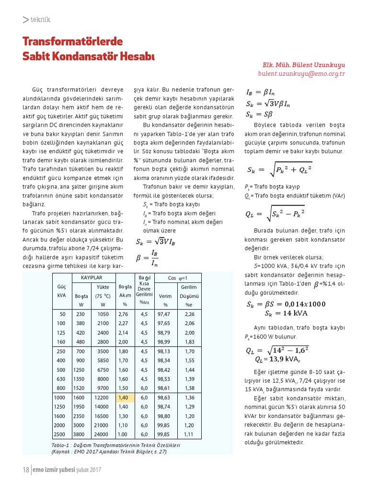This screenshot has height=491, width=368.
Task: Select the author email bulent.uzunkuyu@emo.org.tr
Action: click(x=301, y=74)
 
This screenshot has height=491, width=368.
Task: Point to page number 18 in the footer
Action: click(x=26, y=470)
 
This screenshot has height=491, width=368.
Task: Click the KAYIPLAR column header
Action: click(x=92, y=278)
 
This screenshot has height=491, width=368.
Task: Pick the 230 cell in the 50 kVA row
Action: click(x=80, y=314)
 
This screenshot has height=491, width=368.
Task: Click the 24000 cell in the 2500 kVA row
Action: click(x=102, y=434)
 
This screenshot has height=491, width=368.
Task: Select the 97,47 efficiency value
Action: click(x=164, y=314)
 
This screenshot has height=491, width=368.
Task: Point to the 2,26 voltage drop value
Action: click(x=189, y=314)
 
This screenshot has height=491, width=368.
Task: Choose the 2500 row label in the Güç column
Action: click(x=60, y=434)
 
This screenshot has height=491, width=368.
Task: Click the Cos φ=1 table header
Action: click(x=177, y=278)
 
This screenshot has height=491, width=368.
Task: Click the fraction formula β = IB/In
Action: click(x=148, y=258)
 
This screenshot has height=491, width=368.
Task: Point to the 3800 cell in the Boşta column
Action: click(x=79, y=434)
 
